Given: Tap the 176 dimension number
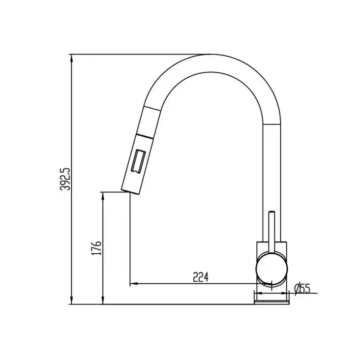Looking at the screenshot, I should coord(97,248).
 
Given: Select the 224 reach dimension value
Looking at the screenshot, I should coord(201,278).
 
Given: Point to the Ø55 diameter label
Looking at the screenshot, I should coord(302,289).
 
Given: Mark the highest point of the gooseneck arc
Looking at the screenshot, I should coord(210,54).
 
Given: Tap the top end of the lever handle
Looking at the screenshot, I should coord(272,212).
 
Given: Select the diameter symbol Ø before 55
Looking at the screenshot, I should coord(297,289).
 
